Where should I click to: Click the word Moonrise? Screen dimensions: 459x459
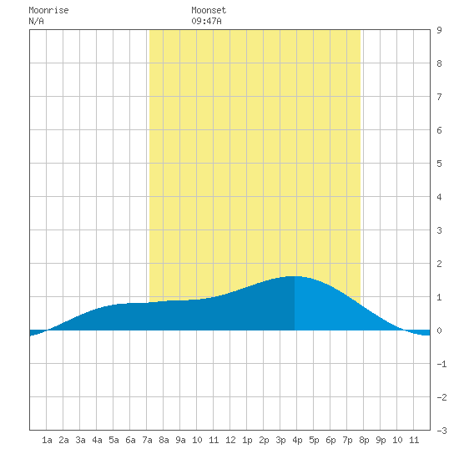pyautogui.click(x=48, y=10)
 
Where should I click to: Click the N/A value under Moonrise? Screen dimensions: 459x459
pyautogui.click(x=36, y=21)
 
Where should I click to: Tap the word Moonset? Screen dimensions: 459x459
pyautogui.click(x=209, y=10)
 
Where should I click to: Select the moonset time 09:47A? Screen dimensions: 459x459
pyautogui.click(x=206, y=21)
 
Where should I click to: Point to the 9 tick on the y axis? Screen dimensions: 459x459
pyautogui.click(x=439, y=30)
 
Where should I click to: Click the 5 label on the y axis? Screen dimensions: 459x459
pyautogui.click(x=439, y=164)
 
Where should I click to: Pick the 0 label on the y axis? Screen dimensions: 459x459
pyautogui.click(x=439, y=330)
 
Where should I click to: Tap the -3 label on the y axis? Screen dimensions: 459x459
pyautogui.click(x=441, y=431)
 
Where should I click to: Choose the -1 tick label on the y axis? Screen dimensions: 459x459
pyautogui.click(x=441, y=364)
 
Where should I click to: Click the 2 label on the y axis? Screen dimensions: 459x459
pyautogui.click(x=439, y=264)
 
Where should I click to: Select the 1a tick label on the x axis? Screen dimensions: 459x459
pyautogui.click(x=47, y=440)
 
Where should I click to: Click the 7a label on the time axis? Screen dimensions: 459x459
pyautogui.click(x=147, y=440)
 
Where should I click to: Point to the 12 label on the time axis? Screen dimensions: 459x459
pyautogui.click(x=230, y=440)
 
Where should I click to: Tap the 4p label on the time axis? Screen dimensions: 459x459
pyautogui.click(x=297, y=440)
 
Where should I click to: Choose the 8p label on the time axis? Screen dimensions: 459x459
pyautogui.click(x=364, y=440)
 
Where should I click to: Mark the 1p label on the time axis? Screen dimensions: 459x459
pyautogui.click(x=247, y=440)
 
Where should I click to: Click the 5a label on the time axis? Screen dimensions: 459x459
pyautogui.click(x=113, y=440)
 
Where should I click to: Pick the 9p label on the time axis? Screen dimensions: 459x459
pyautogui.click(x=381, y=440)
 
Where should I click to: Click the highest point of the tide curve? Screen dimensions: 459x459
pyautogui.click(x=294, y=276)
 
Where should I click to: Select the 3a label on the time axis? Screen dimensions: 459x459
pyautogui.click(x=80, y=440)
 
